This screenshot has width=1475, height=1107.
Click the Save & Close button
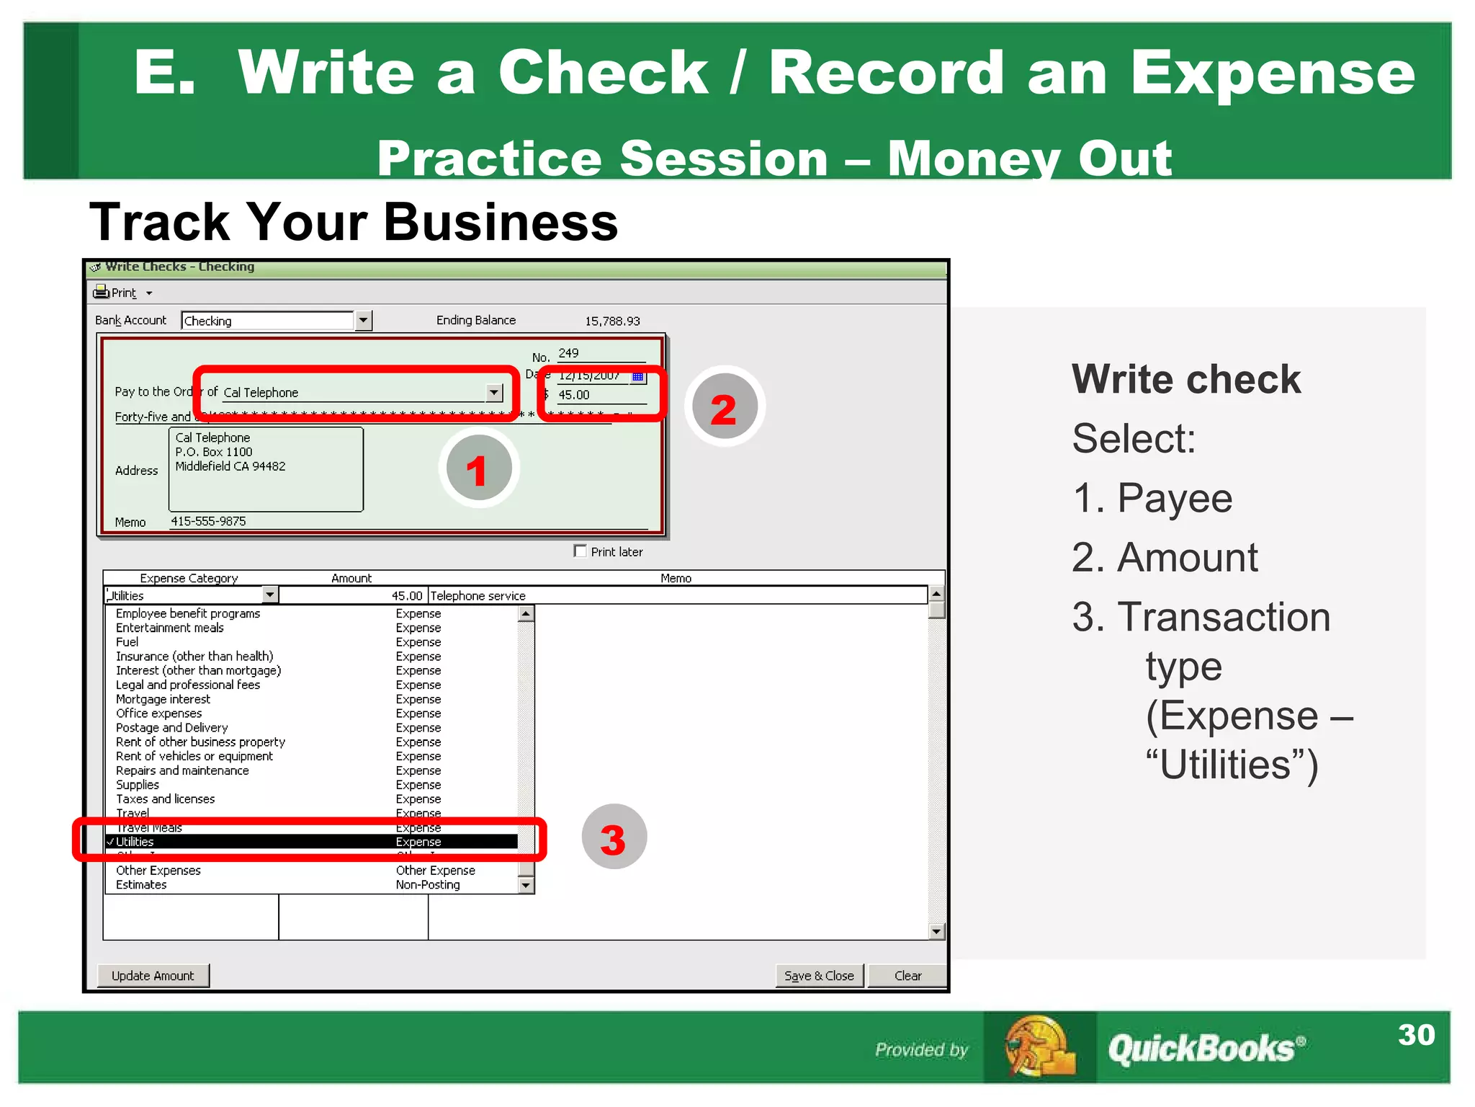pyautogui.click(x=819, y=976)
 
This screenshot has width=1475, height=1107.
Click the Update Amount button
pyautogui.click(x=153, y=976)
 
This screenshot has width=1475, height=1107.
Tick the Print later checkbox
pyautogui.click(x=580, y=551)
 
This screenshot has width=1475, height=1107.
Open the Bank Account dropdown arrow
pyautogui.click(x=364, y=320)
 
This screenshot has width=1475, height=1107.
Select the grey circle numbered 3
pyautogui.click(x=614, y=837)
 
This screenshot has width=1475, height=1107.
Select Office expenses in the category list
pyautogui.click(x=159, y=713)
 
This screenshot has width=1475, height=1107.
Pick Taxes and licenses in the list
pyautogui.click(x=166, y=799)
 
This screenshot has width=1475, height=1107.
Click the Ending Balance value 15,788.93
pyautogui.click(x=612, y=321)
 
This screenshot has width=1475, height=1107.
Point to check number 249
pyautogui.click(x=569, y=353)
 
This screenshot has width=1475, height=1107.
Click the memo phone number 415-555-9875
pyautogui.click(x=208, y=521)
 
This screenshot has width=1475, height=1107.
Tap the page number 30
pyautogui.click(x=1416, y=1035)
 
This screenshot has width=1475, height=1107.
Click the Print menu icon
pyautogui.click(x=102, y=292)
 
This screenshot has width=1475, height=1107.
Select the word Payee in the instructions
pyautogui.click(x=1175, y=498)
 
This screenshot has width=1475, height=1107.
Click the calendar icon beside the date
pyautogui.click(x=637, y=376)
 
